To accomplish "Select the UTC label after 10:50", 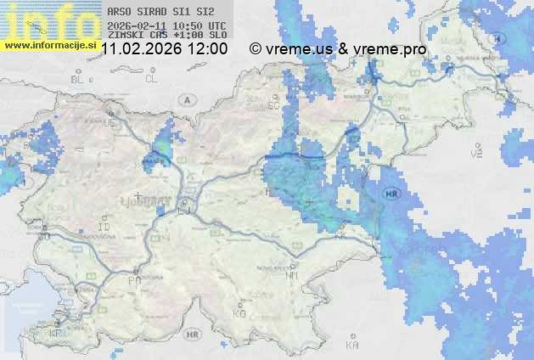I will tap(216, 26).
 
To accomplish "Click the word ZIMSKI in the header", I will tap(126, 36).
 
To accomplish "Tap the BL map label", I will tap(79, 79).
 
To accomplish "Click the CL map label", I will tap(152, 79).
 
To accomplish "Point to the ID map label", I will tap(104, 228).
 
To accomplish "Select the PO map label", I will tap(133, 279).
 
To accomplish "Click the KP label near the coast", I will tap(56, 334).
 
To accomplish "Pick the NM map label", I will tap(293, 275).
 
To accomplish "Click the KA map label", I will tap(352, 345).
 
